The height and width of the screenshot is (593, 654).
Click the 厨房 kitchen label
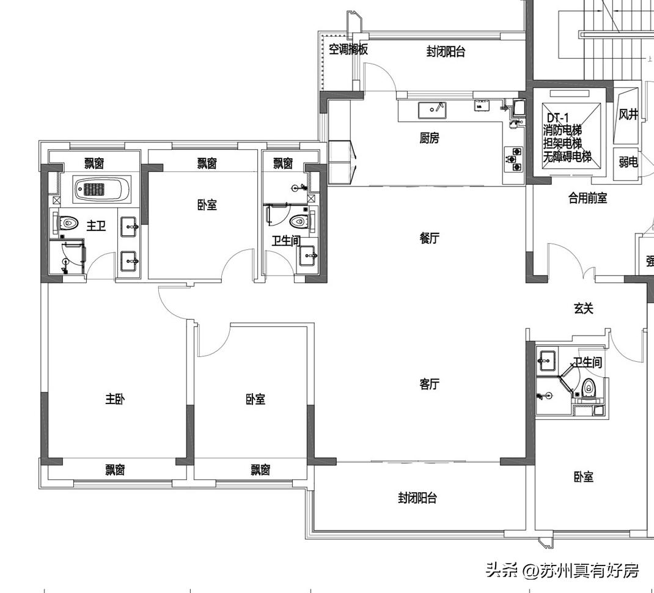(429, 139)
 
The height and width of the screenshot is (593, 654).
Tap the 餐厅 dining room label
(429, 238)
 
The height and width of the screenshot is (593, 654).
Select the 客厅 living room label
(429, 384)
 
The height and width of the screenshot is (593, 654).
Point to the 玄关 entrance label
(583, 309)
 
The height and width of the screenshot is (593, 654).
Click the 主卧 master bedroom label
(115, 399)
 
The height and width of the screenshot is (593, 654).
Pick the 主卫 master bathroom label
(96, 226)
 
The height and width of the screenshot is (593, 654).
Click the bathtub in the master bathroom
(102, 190)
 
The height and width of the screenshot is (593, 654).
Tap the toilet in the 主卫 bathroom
(68, 223)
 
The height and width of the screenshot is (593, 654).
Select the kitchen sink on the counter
(432, 110)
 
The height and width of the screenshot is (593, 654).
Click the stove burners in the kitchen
(513, 158)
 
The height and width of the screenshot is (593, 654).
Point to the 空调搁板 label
(348, 50)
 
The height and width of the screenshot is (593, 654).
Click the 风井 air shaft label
(628, 114)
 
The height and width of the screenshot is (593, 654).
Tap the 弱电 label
(628, 162)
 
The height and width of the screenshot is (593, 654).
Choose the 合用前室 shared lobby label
(587, 197)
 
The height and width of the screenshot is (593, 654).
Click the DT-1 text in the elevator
(557, 117)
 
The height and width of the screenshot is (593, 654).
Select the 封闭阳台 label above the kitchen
(446, 52)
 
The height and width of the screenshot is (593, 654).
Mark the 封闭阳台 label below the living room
(417, 498)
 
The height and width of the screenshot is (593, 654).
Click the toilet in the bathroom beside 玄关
(589, 386)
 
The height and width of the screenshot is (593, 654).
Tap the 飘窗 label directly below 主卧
(115, 470)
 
